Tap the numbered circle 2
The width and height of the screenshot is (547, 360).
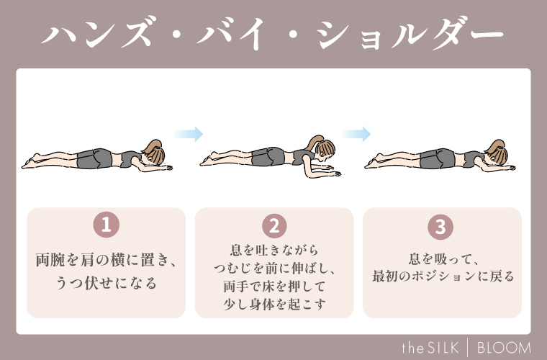274,225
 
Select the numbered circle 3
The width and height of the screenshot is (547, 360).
441,225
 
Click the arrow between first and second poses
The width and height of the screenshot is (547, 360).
189,134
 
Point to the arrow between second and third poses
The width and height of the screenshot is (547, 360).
356,134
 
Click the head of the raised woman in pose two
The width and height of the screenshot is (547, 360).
322,148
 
